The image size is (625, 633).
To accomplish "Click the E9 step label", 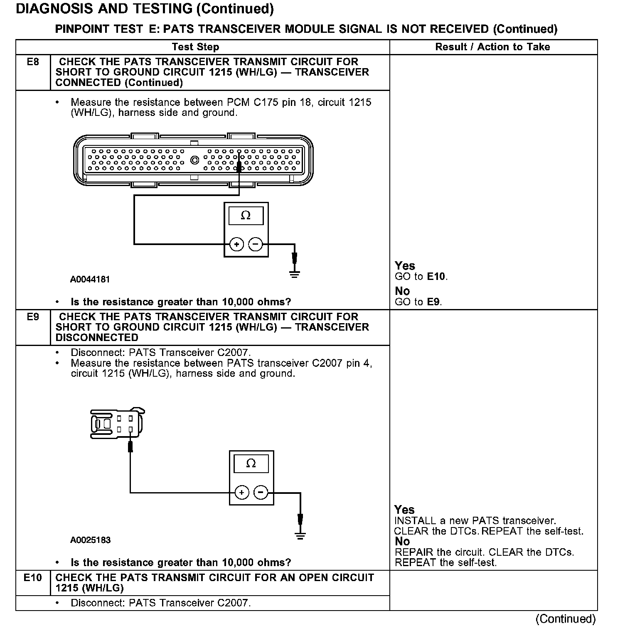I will tap(33, 317).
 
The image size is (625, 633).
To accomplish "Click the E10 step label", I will tap(33, 578).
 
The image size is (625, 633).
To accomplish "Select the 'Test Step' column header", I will tap(195, 47).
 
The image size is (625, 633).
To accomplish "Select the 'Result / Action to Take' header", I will tap(492, 47).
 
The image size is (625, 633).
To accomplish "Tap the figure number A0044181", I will tap(90, 280).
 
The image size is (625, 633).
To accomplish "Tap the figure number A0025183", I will tap(91, 540).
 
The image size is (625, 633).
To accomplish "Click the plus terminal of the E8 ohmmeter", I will tap(236, 244).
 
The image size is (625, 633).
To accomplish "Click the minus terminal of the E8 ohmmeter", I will tap(256, 244).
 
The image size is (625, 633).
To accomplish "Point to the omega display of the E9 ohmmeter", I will tap(251, 464).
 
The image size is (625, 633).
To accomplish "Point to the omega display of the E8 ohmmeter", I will tap(246, 216).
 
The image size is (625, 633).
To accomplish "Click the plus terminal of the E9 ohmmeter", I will tap(241, 493).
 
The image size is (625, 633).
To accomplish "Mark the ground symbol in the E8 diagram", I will tap(294, 274).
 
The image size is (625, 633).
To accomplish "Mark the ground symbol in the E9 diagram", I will tap(300, 535).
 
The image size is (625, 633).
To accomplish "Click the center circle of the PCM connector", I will tap(194, 160).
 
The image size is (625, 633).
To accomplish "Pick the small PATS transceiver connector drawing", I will tap(118, 424).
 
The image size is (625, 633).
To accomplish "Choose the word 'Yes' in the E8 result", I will tap(405, 266).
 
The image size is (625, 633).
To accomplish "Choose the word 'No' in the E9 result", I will tap(402, 542).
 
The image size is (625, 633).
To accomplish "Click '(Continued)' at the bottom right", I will tap(566, 619).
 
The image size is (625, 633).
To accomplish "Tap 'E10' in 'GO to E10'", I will tap(437, 277).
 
